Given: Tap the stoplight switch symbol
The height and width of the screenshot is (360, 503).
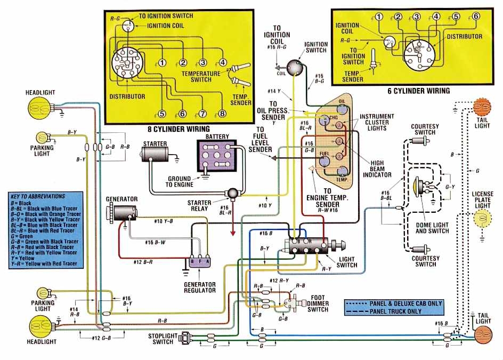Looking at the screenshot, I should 186,338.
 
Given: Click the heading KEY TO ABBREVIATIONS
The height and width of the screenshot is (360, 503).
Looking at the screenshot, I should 40,197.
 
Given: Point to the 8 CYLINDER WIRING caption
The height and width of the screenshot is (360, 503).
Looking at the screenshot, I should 179,129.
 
